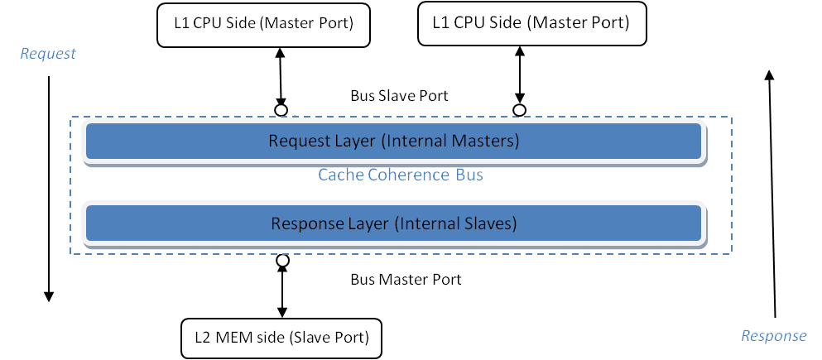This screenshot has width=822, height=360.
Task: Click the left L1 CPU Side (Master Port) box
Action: (264, 24)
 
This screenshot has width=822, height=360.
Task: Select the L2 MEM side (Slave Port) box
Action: (281, 337)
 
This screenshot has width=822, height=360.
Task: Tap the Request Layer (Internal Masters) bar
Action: (394, 141)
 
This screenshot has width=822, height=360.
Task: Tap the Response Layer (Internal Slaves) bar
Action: (394, 223)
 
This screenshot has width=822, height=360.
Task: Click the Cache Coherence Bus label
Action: (401, 175)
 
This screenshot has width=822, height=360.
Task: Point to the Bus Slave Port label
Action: (400, 96)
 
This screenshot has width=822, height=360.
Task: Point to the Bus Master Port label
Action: (406, 280)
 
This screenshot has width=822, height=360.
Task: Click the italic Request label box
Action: (48, 55)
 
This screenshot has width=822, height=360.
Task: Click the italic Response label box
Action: (773, 336)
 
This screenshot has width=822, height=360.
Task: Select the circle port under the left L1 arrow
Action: (281, 110)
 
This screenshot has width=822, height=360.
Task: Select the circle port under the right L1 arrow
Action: (519, 109)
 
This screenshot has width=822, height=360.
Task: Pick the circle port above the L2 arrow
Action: (282, 261)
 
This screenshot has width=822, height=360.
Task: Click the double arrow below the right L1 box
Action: (519, 75)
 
